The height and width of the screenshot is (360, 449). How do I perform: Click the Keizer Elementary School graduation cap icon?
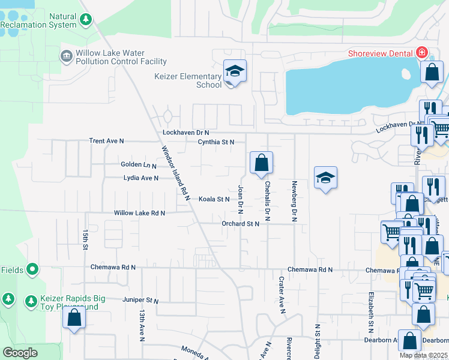click(x=235, y=73)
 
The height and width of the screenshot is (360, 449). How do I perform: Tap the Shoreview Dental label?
click(x=382, y=53)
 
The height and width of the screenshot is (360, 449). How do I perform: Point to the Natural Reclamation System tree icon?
click(x=86, y=20)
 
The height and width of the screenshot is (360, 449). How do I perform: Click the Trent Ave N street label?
click(x=106, y=141)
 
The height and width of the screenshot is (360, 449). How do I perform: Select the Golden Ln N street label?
click(x=138, y=165)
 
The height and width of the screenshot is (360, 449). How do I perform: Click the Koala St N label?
click(x=214, y=199)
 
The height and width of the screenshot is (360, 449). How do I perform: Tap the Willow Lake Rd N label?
click(x=139, y=213)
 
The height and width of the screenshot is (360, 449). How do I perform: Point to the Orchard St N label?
click(x=240, y=224)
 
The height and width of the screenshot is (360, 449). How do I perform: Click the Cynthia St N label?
click(x=216, y=142)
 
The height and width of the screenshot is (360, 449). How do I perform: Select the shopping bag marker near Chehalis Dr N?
click(x=261, y=163)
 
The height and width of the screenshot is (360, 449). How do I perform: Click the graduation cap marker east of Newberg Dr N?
click(x=325, y=178)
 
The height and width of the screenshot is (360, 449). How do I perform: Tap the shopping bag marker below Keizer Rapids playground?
click(x=74, y=317)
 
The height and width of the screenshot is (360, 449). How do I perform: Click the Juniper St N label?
click(x=140, y=301)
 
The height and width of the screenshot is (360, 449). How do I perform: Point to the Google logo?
click(x=20, y=353)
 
